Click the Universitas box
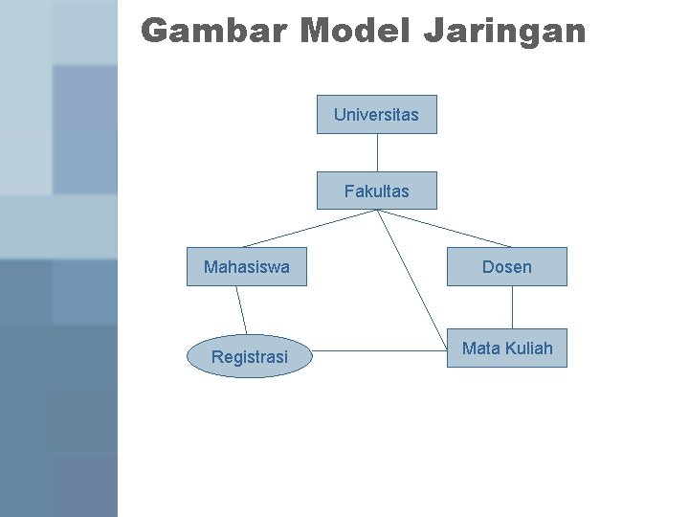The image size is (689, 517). pos(376,114)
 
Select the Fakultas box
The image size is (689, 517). pos(376,191)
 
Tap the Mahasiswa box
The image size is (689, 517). pos(246,267)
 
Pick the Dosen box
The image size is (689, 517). pos(506,267)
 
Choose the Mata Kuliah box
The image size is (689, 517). pos(506,348)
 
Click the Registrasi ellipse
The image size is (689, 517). pos(249,357)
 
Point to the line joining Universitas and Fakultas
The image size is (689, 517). pos(377,152)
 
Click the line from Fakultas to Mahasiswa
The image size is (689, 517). pos(308,229)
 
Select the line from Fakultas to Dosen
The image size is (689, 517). pos(445,229)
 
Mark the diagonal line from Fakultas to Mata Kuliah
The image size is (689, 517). pos(412,278)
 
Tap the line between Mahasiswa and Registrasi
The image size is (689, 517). pos(242,311)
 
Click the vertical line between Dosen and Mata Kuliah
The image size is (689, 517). pos(513,307)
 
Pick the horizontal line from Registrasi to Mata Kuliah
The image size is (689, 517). pos(383,350)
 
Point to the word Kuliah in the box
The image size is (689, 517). pos(527,348)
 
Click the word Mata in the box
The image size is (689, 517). pos(479,348)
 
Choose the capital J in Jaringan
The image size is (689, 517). pos(433,31)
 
